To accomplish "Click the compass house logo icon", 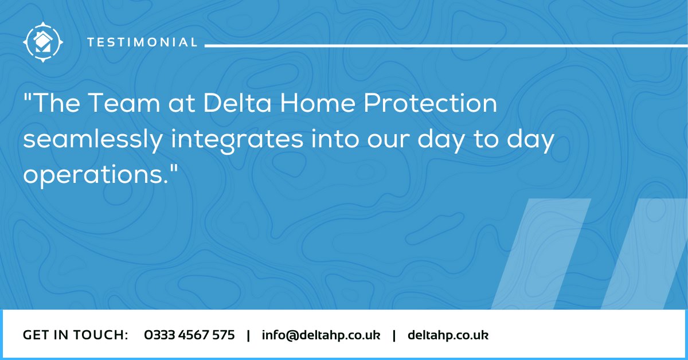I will (43, 41).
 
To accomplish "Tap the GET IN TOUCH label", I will (75, 335).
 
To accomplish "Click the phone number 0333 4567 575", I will (189, 335).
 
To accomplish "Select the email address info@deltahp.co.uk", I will (321, 335).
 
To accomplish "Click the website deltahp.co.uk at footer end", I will (448, 335).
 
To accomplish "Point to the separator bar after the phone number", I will (248, 335).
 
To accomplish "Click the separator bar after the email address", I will (394, 335).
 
